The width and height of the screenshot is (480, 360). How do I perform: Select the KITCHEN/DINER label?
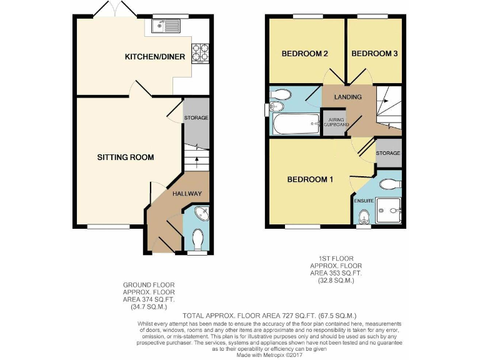(155, 57)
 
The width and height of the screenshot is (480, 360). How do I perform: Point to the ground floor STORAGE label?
(196, 117)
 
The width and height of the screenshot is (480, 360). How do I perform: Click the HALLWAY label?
(186, 194)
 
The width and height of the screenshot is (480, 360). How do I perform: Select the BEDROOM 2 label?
(305, 54)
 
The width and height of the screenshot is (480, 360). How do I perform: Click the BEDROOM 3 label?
(374, 54)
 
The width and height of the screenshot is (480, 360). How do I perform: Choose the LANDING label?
(348, 97)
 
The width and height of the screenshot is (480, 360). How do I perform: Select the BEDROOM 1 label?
(310, 180)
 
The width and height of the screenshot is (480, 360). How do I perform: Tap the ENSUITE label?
(364, 201)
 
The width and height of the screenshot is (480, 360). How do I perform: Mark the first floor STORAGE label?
(388, 153)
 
